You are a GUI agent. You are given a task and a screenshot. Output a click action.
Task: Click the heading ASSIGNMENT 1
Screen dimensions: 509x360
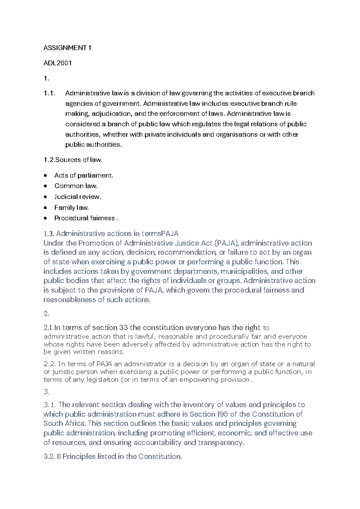point(67,48)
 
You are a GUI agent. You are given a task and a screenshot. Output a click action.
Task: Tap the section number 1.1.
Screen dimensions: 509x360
point(49,93)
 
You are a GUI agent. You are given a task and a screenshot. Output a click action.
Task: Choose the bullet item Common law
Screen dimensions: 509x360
point(76,186)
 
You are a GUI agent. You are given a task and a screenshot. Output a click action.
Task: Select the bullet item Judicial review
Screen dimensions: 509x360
point(78,197)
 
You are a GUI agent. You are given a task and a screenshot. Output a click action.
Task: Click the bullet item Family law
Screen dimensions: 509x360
point(72,208)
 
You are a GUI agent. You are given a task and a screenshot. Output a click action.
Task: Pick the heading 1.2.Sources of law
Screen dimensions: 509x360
point(73,160)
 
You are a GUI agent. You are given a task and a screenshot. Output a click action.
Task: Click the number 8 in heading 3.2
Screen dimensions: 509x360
point(58,457)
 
